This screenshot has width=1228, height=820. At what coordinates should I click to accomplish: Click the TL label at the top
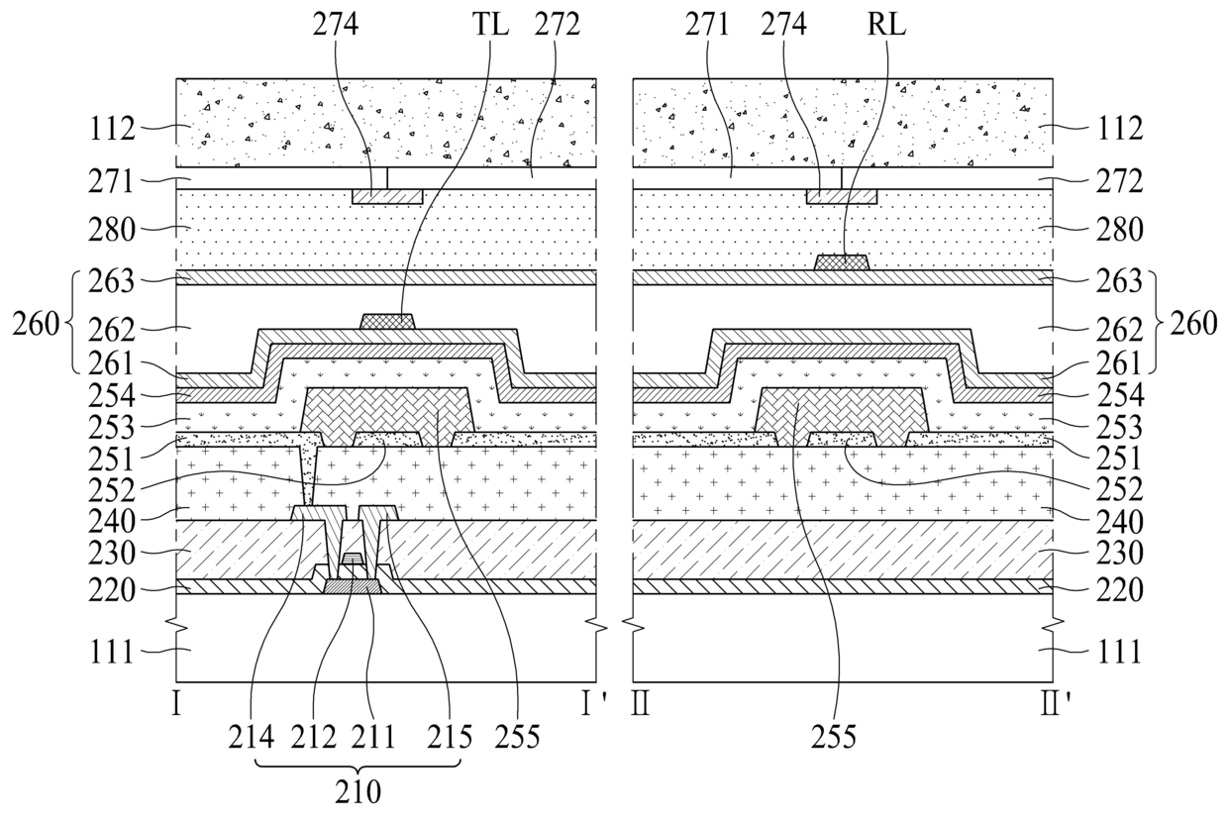coord(490,25)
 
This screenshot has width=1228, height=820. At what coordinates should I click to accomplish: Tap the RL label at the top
coord(886,25)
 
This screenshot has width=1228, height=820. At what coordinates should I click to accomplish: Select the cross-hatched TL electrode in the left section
coord(387,321)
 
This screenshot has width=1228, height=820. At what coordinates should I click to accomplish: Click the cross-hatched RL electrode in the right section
coord(842,262)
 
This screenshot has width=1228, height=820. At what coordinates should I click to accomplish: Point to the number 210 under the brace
coord(358,792)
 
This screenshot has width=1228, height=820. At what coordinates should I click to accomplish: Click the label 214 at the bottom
coord(252,737)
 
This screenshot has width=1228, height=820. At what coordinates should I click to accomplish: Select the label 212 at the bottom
coord(314,737)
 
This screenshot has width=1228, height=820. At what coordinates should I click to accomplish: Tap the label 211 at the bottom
coord(372,737)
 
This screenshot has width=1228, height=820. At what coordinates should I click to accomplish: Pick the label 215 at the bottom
coord(450,737)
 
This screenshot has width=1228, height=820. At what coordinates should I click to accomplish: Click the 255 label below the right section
coord(833,737)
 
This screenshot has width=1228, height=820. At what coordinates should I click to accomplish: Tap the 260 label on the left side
coord(37,325)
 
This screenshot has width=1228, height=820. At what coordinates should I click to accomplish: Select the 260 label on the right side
coord(1193,324)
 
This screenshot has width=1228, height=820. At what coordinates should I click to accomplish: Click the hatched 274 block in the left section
coord(387,197)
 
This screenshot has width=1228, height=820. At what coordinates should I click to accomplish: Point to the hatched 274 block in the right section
coord(842,197)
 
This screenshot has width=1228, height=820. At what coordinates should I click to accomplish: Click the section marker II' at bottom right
coord(1057,704)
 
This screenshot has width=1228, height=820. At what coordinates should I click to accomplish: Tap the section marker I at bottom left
coord(176,704)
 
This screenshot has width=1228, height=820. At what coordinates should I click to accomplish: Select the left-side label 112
coord(112,130)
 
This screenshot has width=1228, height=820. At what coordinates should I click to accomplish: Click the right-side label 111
coord(1119,653)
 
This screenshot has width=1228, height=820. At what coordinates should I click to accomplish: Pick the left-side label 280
coord(112,230)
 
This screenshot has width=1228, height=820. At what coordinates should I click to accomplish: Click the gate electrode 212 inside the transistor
coord(353,558)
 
